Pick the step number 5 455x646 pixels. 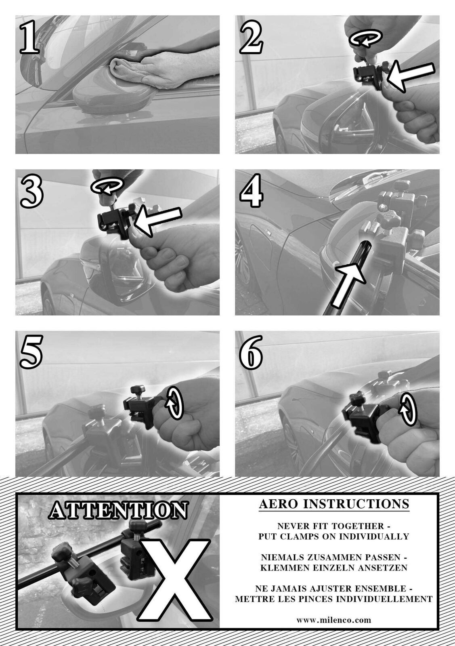31,352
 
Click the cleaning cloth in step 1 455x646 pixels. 127,69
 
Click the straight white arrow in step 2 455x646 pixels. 410,76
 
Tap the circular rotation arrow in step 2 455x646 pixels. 365,38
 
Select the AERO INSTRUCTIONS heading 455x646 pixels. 334,504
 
